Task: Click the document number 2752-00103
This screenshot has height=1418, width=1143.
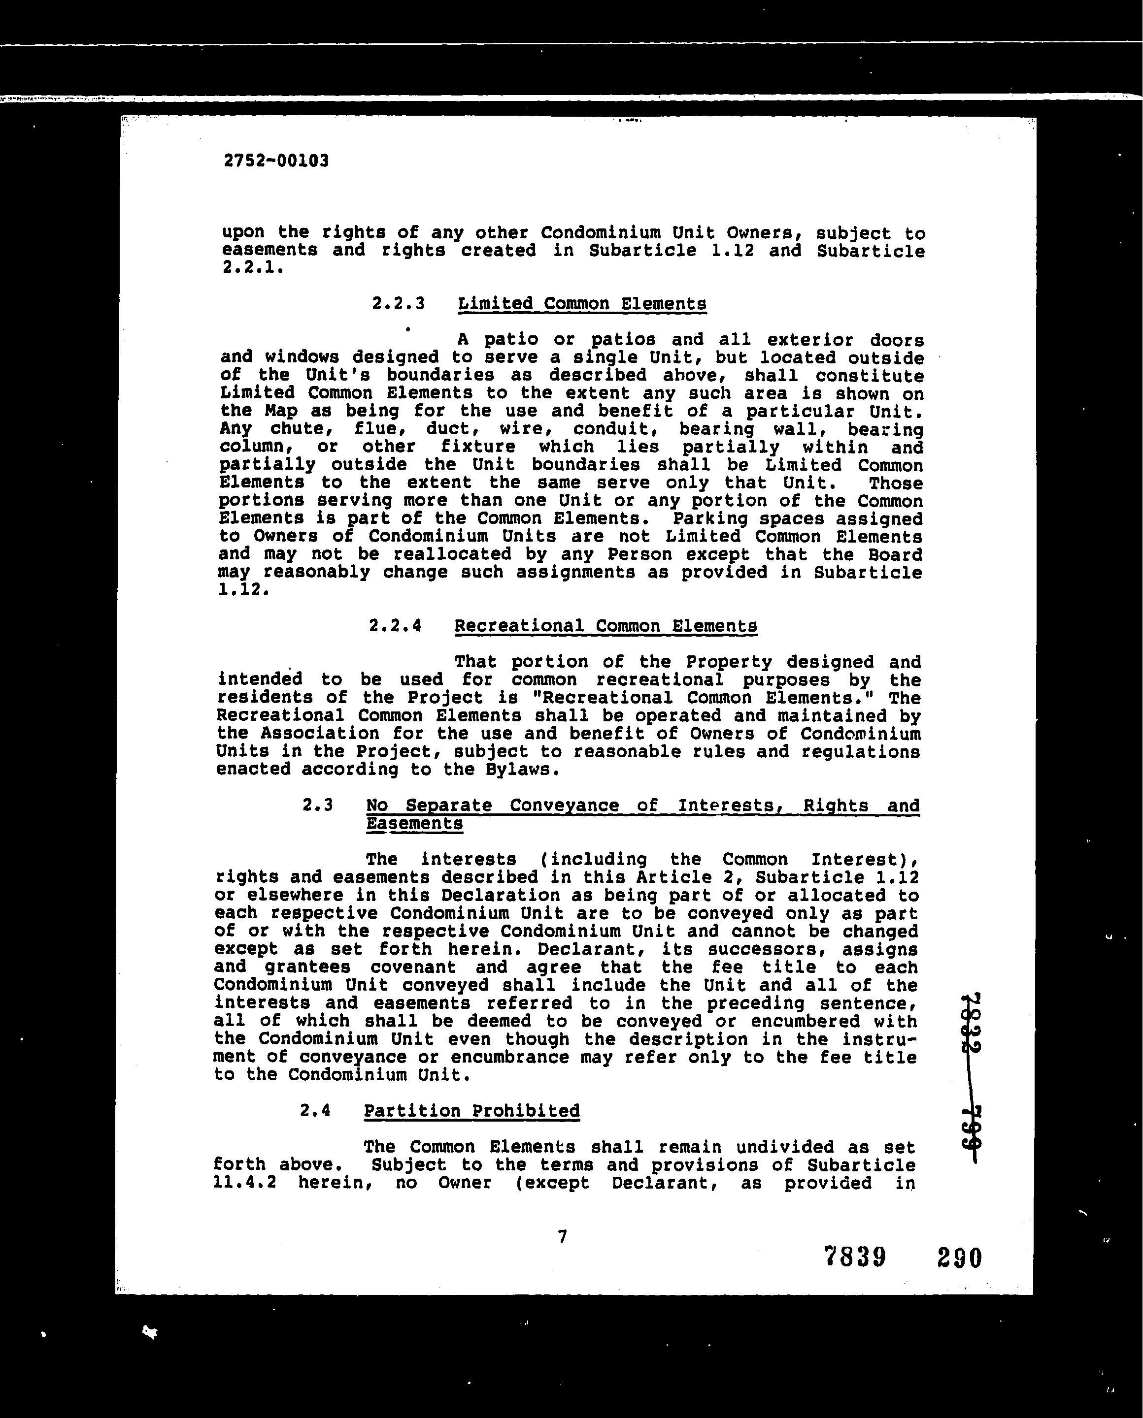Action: point(276,161)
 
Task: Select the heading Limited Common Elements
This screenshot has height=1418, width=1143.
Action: point(582,304)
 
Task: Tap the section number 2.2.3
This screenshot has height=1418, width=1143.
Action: point(399,304)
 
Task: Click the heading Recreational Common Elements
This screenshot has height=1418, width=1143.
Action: point(605,626)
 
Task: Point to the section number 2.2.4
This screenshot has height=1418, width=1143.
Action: point(395,626)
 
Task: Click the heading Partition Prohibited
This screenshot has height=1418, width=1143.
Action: point(471,1111)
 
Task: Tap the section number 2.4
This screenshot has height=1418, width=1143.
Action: point(315,1111)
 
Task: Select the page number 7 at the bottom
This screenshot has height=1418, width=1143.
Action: point(562,1236)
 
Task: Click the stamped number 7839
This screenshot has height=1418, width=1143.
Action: point(855,1257)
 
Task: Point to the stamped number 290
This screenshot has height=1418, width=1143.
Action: point(959,1257)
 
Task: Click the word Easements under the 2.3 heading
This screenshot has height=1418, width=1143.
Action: point(414,824)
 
